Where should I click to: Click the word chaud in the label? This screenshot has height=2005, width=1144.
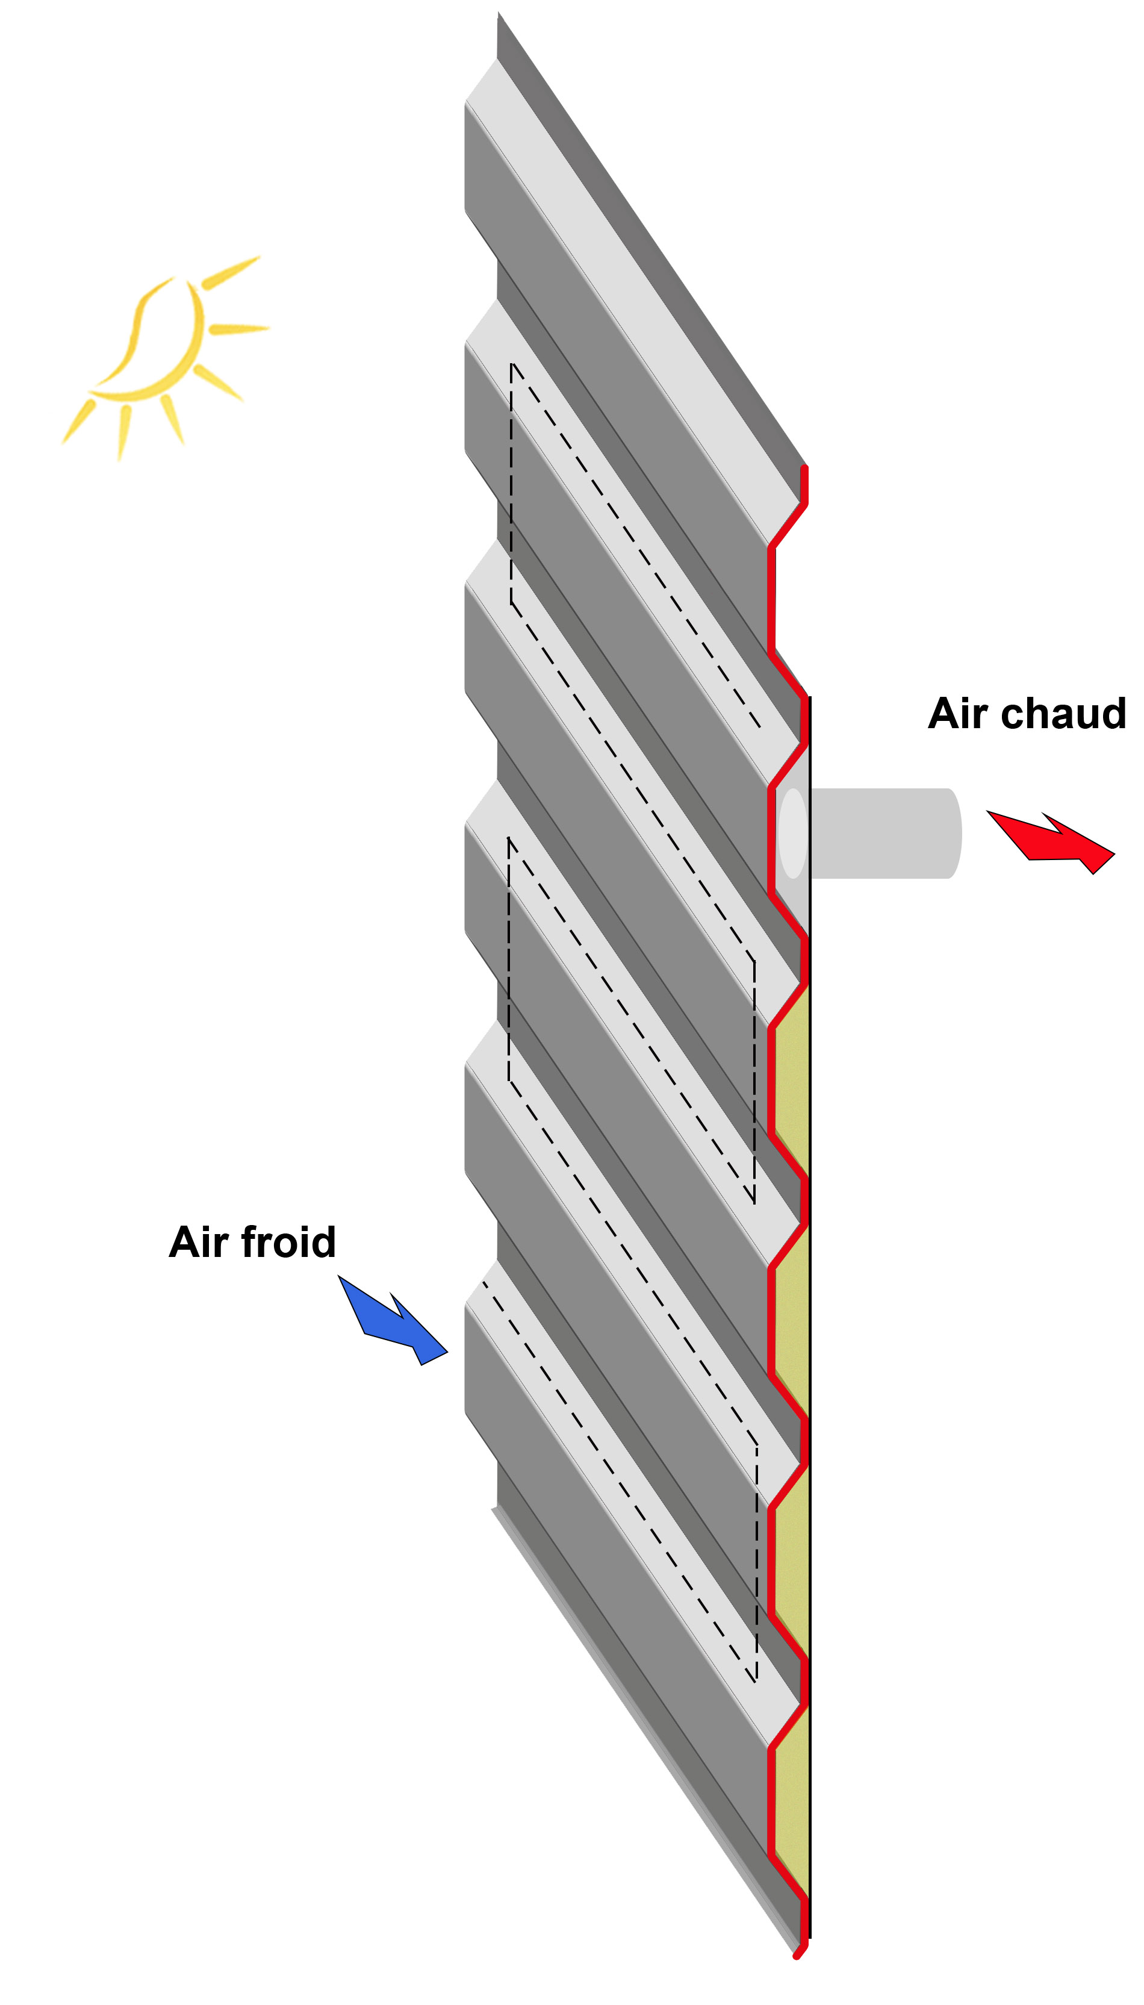(x=1064, y=714)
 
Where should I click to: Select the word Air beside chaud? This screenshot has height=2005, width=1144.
(x=958, y=714)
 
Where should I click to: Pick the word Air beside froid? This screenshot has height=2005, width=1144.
(x=199, y=1243)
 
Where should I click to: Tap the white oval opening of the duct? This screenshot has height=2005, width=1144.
(x=793, y=833)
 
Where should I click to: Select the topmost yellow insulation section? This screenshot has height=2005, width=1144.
(x=792, y=1080)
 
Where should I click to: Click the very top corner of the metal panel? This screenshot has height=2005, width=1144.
(x=498, y=12)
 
